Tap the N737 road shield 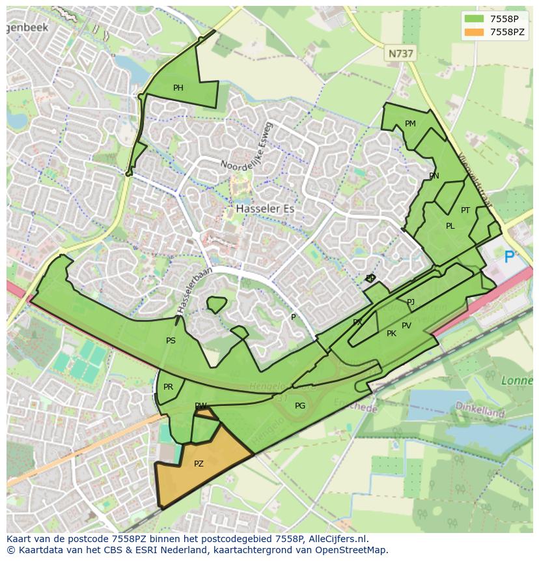(x=400, y=54)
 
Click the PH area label (x=178, y=88)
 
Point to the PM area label (x=410, y=124)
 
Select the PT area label (x=465, y=210)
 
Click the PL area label (x=450, y=226)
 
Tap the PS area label (x=171, y=341)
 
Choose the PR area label (x=168, y=387)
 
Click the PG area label (x=299, y=406)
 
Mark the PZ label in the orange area (x=199, y=464)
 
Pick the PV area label (x=406, y=326)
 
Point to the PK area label (x=391, y=334)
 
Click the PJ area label (x=410, y=302)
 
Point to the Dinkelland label (x=480, y=412)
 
